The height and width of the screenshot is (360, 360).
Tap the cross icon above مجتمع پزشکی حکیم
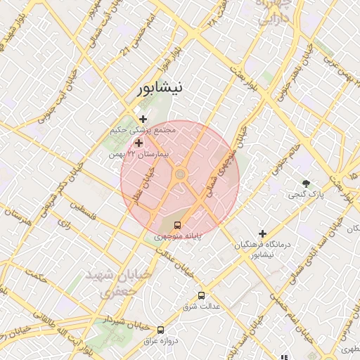(x=143, y=120)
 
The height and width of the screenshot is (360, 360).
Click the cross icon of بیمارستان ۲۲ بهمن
(x=139, y=143)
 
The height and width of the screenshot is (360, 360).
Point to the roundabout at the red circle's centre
(x=180, y=173)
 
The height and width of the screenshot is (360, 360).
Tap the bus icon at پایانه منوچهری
(x=177, y=226)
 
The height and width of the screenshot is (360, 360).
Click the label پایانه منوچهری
(x=179, y=237)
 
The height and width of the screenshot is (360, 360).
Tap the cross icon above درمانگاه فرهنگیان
(x=263, y=233)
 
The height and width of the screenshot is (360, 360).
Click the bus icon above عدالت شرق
(x=202, y=295)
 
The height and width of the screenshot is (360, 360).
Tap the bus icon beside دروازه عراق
(x=161, y=329)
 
